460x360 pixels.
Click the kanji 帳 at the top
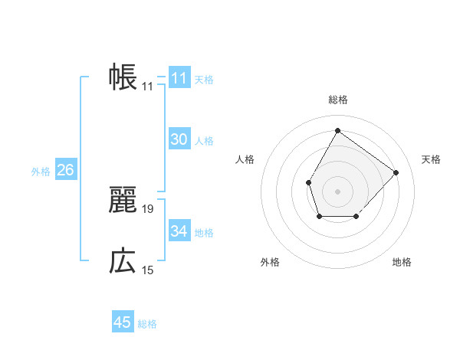click(123, 77)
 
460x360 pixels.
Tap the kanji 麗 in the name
click(123, 200)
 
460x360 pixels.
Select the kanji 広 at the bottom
click(123, 261)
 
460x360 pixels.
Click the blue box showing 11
click(179, 78)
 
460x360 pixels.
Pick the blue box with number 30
click(179, 139)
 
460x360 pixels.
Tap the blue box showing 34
click(179, 231)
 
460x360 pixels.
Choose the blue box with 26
click(65, 170)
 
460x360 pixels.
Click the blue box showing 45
click(123, 322)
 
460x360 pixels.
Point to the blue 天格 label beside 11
click(204, 79)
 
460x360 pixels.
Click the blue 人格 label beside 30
click(204, 140)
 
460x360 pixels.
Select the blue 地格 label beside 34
click(204, 232)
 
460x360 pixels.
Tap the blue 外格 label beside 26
click(41, 171)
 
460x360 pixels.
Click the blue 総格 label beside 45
click(147, 323)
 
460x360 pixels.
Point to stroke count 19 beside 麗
click(148, 208)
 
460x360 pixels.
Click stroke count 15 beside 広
click(148, 270)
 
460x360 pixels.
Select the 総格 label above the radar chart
click(337, 100)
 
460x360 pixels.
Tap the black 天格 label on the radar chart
click(431, 159)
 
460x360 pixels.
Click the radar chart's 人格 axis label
click(245, 159)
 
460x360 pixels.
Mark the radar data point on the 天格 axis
click(396, 172)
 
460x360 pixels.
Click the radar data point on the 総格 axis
click(337, 130)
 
